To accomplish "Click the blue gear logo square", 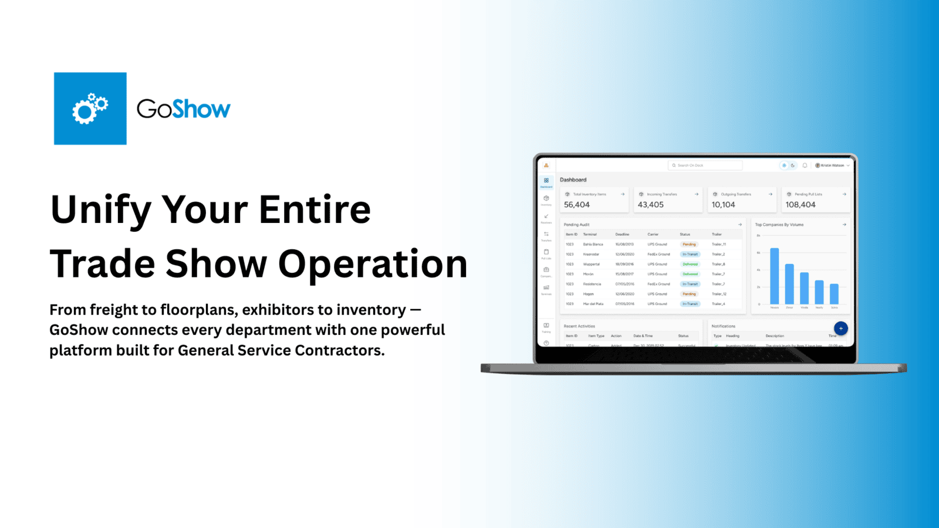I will pos(90,109).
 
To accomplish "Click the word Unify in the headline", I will pos(100,209).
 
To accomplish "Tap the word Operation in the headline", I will pos(373,264).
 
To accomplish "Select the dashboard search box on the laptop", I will pos(705,165).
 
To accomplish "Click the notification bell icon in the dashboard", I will pos(805,165).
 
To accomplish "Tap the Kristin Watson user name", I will pos(832,165).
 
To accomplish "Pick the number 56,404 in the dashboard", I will pos(577,205).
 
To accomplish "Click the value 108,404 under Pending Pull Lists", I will pos(800,205).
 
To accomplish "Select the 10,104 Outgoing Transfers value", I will pos(723,205).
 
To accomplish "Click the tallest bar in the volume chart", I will pos(775,276).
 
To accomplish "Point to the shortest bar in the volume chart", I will pos(834,294).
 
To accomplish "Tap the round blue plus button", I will pos(840,329).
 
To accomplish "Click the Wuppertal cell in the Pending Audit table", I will pos(591,264).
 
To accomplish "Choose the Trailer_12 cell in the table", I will pos(719,294).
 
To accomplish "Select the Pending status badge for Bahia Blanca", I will pos(689,244).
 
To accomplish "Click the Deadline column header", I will pos(622,234).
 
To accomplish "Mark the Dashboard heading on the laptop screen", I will pos(573,180).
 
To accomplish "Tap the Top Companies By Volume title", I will pos(779,225).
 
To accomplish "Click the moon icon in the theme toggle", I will pos(793,165).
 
